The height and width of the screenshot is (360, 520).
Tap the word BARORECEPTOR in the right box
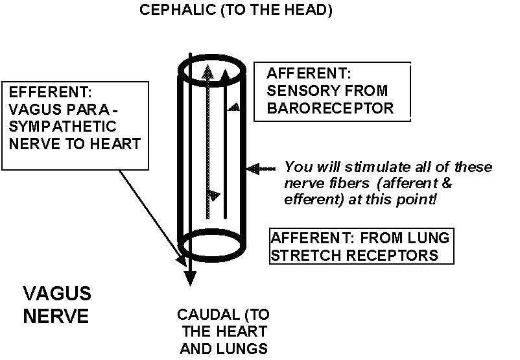(x=330, y=108)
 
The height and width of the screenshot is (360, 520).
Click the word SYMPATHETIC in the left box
(x=64, y=126)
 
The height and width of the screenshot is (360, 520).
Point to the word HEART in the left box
(x=117, y=143)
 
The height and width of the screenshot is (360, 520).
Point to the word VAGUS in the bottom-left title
(x=57, y=294)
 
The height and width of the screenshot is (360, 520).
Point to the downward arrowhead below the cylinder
(x=189, y=279)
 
